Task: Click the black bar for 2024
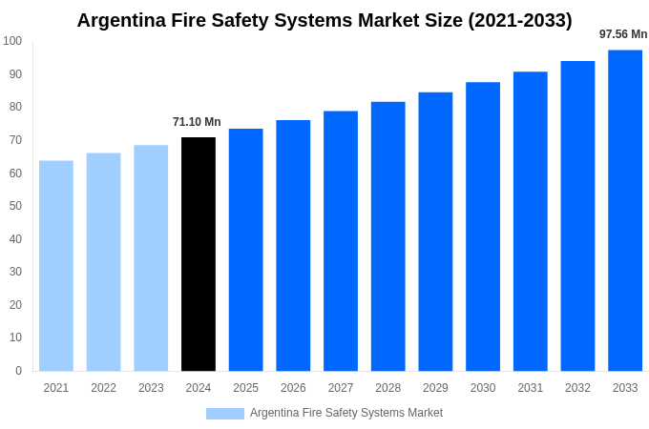coord(199,254)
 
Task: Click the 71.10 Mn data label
coord(197,122)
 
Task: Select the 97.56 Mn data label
coord(623,34)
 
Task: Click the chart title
coord(324,20)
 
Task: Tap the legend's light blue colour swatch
coord(225,414)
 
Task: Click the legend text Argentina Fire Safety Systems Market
coord(346,413)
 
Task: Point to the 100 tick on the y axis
coord(12,41)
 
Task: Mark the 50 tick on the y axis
coord(15,206)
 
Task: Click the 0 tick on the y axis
coord(18,371)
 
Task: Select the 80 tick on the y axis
coord(15,107)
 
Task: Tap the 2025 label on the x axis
coord(246,388)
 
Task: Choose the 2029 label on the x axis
coord(435,388)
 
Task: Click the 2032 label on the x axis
coord(577,388)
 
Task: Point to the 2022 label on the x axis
coord(104,388)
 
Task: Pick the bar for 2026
coord(293,245)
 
